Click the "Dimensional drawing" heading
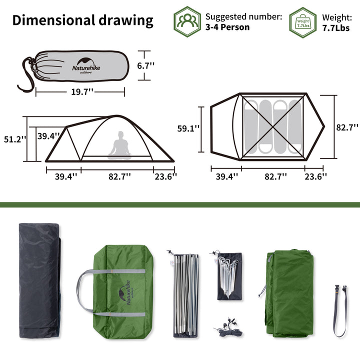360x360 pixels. (x=82, y=20)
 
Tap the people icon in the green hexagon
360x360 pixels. (x=187, y=21)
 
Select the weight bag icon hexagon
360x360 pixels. (x=303, y=22)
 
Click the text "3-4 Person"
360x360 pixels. (x=227, y=27)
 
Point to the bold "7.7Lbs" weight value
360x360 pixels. (x=336, y=27)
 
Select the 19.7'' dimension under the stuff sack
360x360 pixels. (x=80, y=92)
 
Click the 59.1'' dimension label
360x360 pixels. (x=188, y=128)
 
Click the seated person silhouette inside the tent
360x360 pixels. (x=119, y=145)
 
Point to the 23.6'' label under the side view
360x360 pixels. (x=165, y=175)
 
